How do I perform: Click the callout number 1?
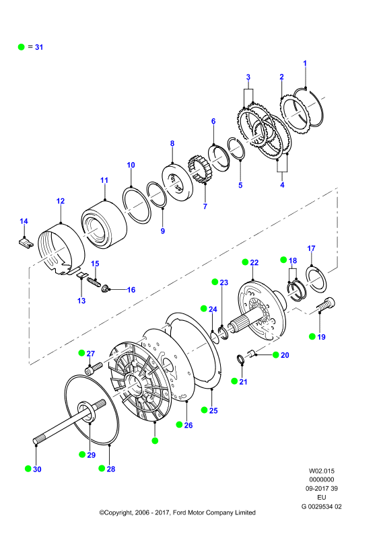(305, 63)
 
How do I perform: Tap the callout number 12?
(61, 201)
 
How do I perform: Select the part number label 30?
(37, 469)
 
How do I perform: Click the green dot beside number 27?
(81, 352)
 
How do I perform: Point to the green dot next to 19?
(312, 336)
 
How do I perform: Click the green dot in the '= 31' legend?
(22, 47)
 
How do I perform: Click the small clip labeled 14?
(26, 243)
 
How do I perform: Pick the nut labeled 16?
(106, 289)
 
